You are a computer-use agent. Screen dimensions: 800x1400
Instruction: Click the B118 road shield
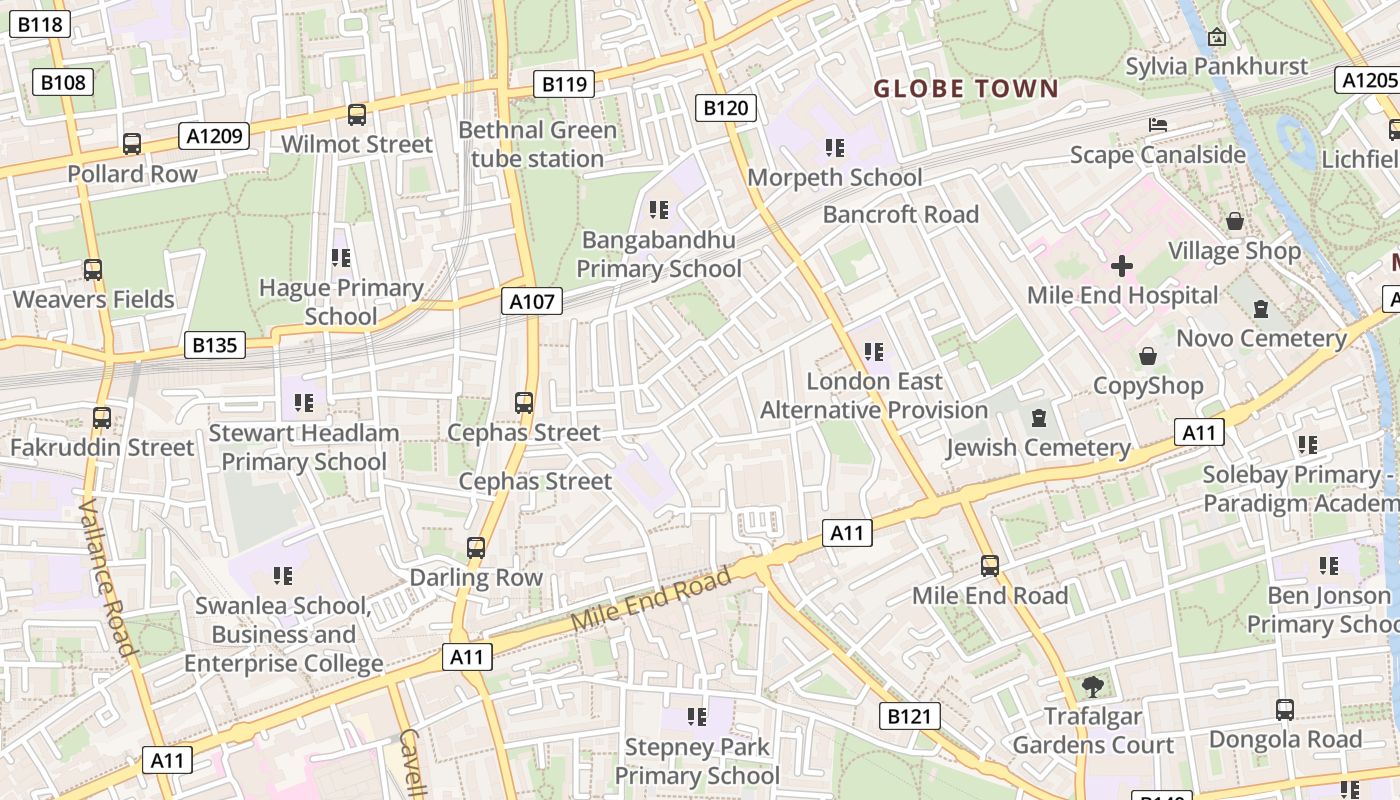point(41,25)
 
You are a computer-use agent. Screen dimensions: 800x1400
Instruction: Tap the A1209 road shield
point(214,135)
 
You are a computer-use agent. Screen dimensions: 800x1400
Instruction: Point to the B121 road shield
point(910,715)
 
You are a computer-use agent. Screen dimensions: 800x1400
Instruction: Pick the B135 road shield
point(214,346)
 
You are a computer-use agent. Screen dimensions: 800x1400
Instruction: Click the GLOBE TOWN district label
point(966,89)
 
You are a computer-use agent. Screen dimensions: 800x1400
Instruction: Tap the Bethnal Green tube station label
point(538,144)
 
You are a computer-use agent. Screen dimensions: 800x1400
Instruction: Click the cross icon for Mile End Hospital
point(1122,266)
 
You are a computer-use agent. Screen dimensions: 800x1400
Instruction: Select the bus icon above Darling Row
point(476,548)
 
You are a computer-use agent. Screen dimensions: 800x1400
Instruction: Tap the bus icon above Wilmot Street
point(357,115)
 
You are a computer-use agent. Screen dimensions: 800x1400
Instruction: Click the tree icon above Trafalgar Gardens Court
point(1092,686)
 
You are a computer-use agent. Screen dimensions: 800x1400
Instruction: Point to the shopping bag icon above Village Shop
point(1235,221)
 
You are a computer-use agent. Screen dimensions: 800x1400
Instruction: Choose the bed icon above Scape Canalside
point(1158,125)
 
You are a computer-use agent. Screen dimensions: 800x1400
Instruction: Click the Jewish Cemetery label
point(1038,447)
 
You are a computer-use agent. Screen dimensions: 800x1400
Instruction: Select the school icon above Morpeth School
point(835,148)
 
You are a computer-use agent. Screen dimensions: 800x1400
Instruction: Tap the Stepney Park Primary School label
point(697,761)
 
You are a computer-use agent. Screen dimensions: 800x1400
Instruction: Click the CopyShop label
point(1148,385)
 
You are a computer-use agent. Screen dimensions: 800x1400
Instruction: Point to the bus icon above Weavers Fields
point(93,269)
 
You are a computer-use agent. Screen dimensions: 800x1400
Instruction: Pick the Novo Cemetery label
point(1261,338)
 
